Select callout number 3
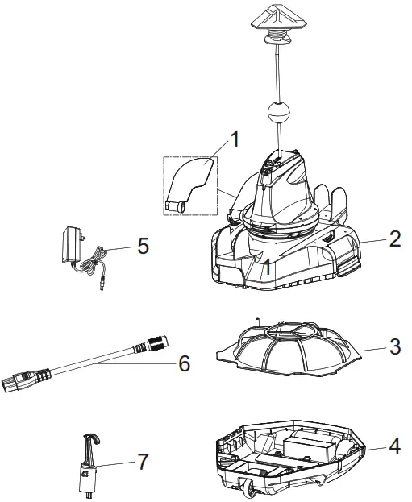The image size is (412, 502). click(395, 349)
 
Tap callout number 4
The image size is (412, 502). click(394, 444)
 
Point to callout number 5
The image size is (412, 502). click(143, 245)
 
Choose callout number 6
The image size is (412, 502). click(184, 363)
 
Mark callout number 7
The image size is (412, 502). click(143, 462)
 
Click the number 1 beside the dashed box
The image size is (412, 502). click(235, 139)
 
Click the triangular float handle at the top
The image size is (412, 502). click(277, 17)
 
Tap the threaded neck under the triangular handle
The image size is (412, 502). click(277, 36)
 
